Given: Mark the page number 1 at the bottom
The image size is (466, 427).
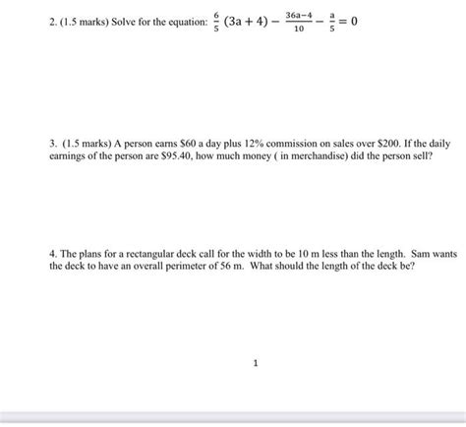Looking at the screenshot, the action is point(255,363).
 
